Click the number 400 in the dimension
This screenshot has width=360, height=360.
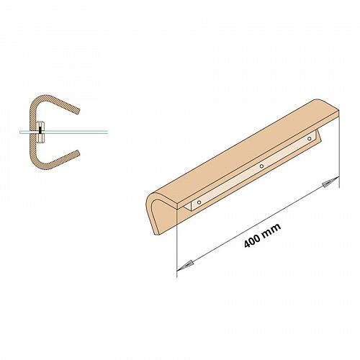point(252,240)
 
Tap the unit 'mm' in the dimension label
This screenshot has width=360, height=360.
point(271,230)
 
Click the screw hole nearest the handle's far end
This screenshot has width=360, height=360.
point(310,138)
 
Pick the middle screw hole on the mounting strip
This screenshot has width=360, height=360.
point(261,166)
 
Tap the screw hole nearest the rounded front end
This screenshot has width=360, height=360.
point(199,202)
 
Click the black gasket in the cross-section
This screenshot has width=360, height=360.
point(40,130)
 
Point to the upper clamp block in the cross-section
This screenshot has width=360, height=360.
point(40,125)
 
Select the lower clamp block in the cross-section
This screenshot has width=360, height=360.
point(40,138)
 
